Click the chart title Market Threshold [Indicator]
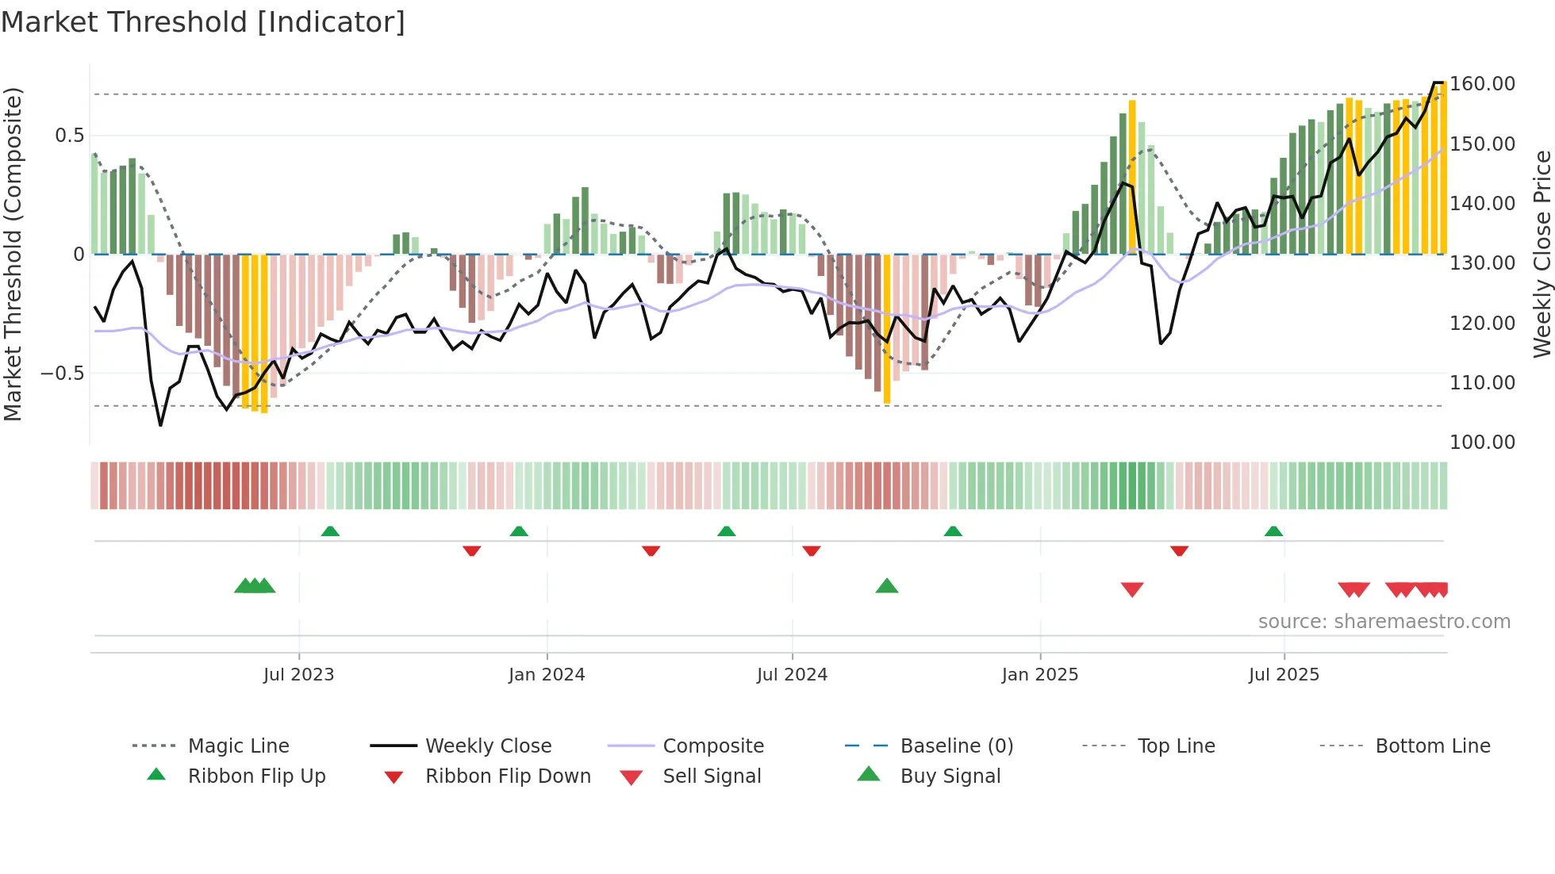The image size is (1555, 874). [203, 22]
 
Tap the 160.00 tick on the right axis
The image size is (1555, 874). [1482, 84]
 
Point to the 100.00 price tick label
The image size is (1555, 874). [1482, 443]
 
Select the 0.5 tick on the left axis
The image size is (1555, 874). [70, 136]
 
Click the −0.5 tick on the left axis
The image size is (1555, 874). [63, 374]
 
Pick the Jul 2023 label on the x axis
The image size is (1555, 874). [299, 675]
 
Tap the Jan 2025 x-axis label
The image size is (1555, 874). [1039, 675]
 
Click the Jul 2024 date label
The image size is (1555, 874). [792, 675]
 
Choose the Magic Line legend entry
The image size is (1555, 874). [238, 746]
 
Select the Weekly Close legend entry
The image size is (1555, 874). [488, 746]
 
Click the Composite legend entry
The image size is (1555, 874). [713, 746]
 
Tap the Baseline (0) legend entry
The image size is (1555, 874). [957, 746]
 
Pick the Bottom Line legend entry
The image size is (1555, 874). [1432, 746]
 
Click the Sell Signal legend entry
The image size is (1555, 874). [712, 776]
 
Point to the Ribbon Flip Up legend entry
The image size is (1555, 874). [256, 776]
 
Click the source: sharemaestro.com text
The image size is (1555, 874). [1384, 622]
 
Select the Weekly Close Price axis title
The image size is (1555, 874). [1542, 254]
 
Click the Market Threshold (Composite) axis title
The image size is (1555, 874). [13, 254]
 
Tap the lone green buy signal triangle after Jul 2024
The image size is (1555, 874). [887, 586]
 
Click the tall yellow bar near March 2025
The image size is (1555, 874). [1132, 176]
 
